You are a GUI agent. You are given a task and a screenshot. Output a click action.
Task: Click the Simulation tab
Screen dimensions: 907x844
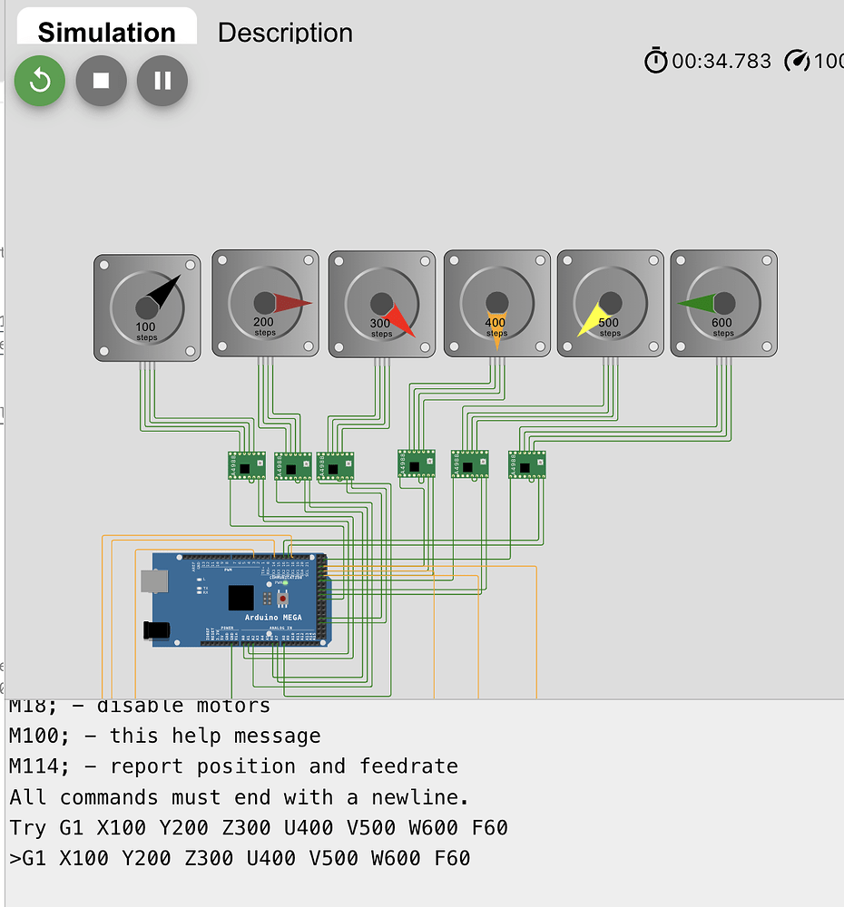106,33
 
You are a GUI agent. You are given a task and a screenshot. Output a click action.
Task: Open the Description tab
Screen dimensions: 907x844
285,33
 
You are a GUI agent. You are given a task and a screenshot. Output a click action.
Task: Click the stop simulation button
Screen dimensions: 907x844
101,81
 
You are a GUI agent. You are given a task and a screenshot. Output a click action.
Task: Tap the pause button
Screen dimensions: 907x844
162,81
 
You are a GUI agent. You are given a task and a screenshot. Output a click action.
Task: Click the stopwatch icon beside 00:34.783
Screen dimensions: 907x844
655,61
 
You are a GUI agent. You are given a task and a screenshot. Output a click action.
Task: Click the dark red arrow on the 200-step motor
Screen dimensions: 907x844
291,303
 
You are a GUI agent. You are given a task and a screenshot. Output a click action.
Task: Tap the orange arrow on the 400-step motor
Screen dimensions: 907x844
496,328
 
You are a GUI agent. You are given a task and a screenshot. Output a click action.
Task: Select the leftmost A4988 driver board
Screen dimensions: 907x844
246,465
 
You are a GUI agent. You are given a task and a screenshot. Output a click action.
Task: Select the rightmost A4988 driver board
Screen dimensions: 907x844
526,464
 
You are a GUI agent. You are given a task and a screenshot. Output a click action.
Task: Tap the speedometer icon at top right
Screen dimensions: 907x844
796,61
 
